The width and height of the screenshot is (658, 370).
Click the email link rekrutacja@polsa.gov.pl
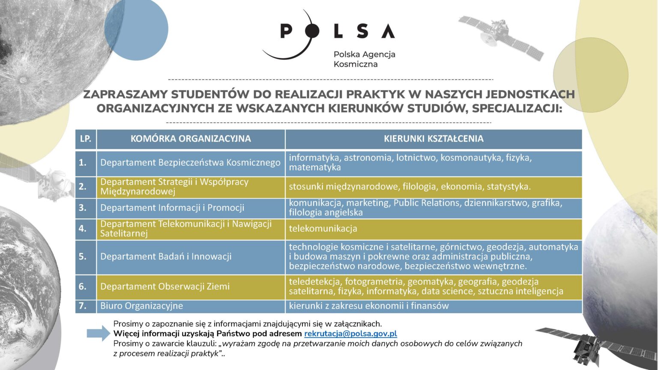350,334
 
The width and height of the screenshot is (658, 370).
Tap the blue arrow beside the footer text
99,333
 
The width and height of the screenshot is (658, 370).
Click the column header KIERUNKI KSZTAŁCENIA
434,139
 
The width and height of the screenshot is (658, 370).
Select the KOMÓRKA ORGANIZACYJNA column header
191,139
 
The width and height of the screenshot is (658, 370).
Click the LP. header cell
86,139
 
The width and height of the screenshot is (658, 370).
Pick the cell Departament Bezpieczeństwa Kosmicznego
191,163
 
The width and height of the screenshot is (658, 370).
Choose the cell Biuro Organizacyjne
191,306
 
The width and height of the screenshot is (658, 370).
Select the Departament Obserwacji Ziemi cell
191,286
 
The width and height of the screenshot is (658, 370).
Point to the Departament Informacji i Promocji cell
191,208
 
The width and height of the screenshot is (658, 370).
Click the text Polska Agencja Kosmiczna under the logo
364,59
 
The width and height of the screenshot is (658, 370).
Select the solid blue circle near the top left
136,30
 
